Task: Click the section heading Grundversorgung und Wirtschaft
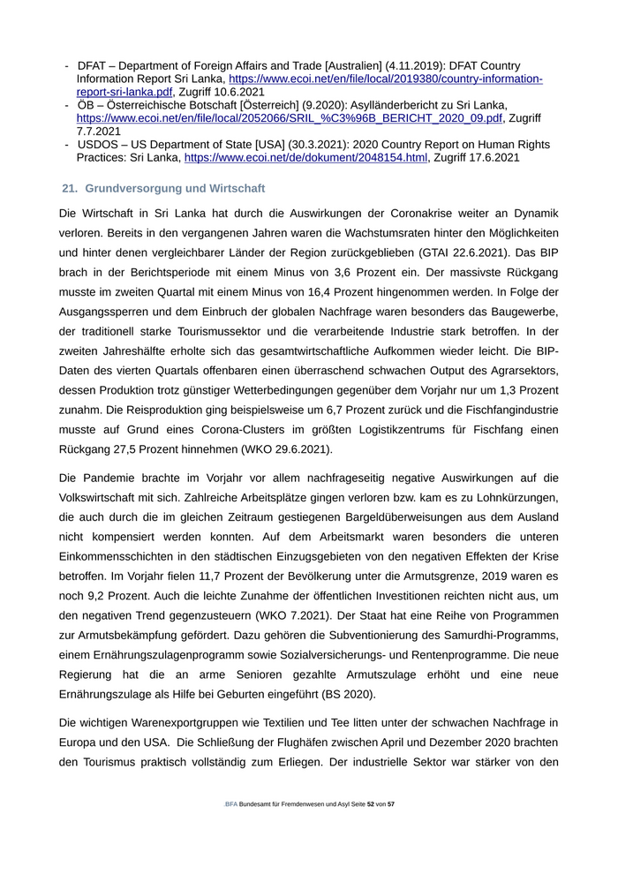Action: pos(175,189)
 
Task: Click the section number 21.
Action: pos(70,189)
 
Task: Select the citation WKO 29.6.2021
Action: pos(279,449)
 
